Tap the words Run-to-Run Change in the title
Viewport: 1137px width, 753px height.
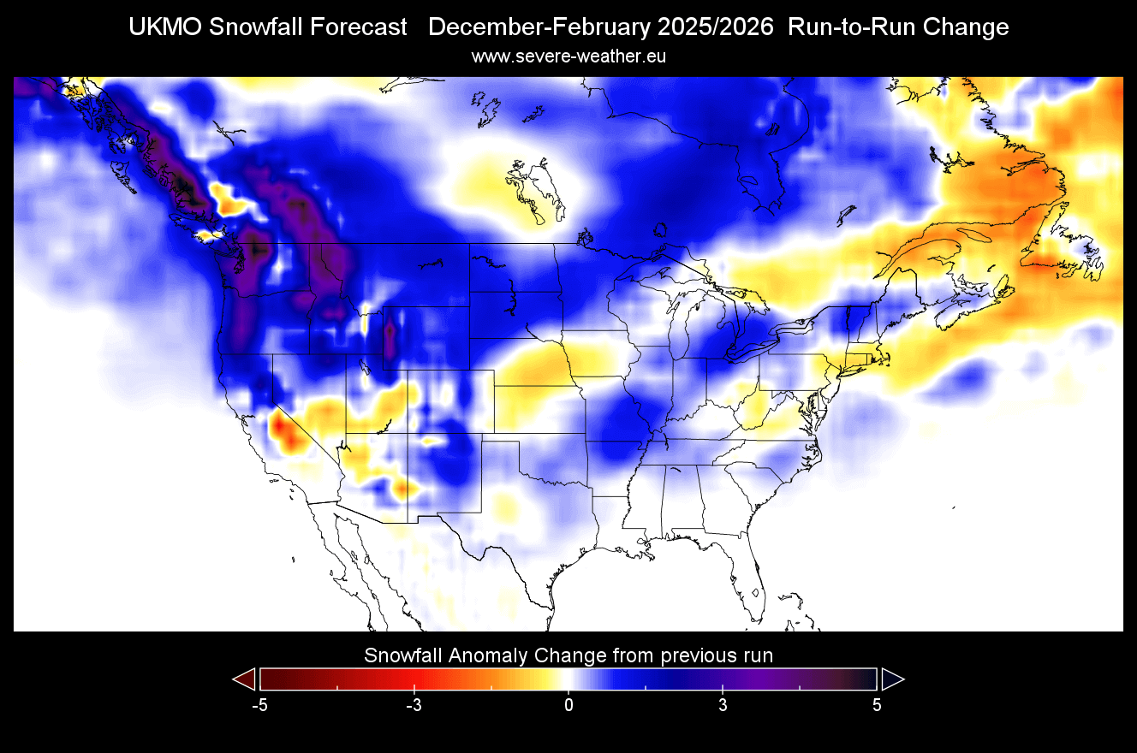(898, 27)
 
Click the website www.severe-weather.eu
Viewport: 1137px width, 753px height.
(568, 56)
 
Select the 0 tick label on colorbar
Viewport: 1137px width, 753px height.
(568, 705)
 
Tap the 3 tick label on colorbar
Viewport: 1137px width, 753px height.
(723, 705)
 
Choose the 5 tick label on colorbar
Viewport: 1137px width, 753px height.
(877, 705)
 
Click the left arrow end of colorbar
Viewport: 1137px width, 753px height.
(245, 679)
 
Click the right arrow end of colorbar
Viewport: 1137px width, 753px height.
(892, 679)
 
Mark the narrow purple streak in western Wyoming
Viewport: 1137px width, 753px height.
(391, 339)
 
